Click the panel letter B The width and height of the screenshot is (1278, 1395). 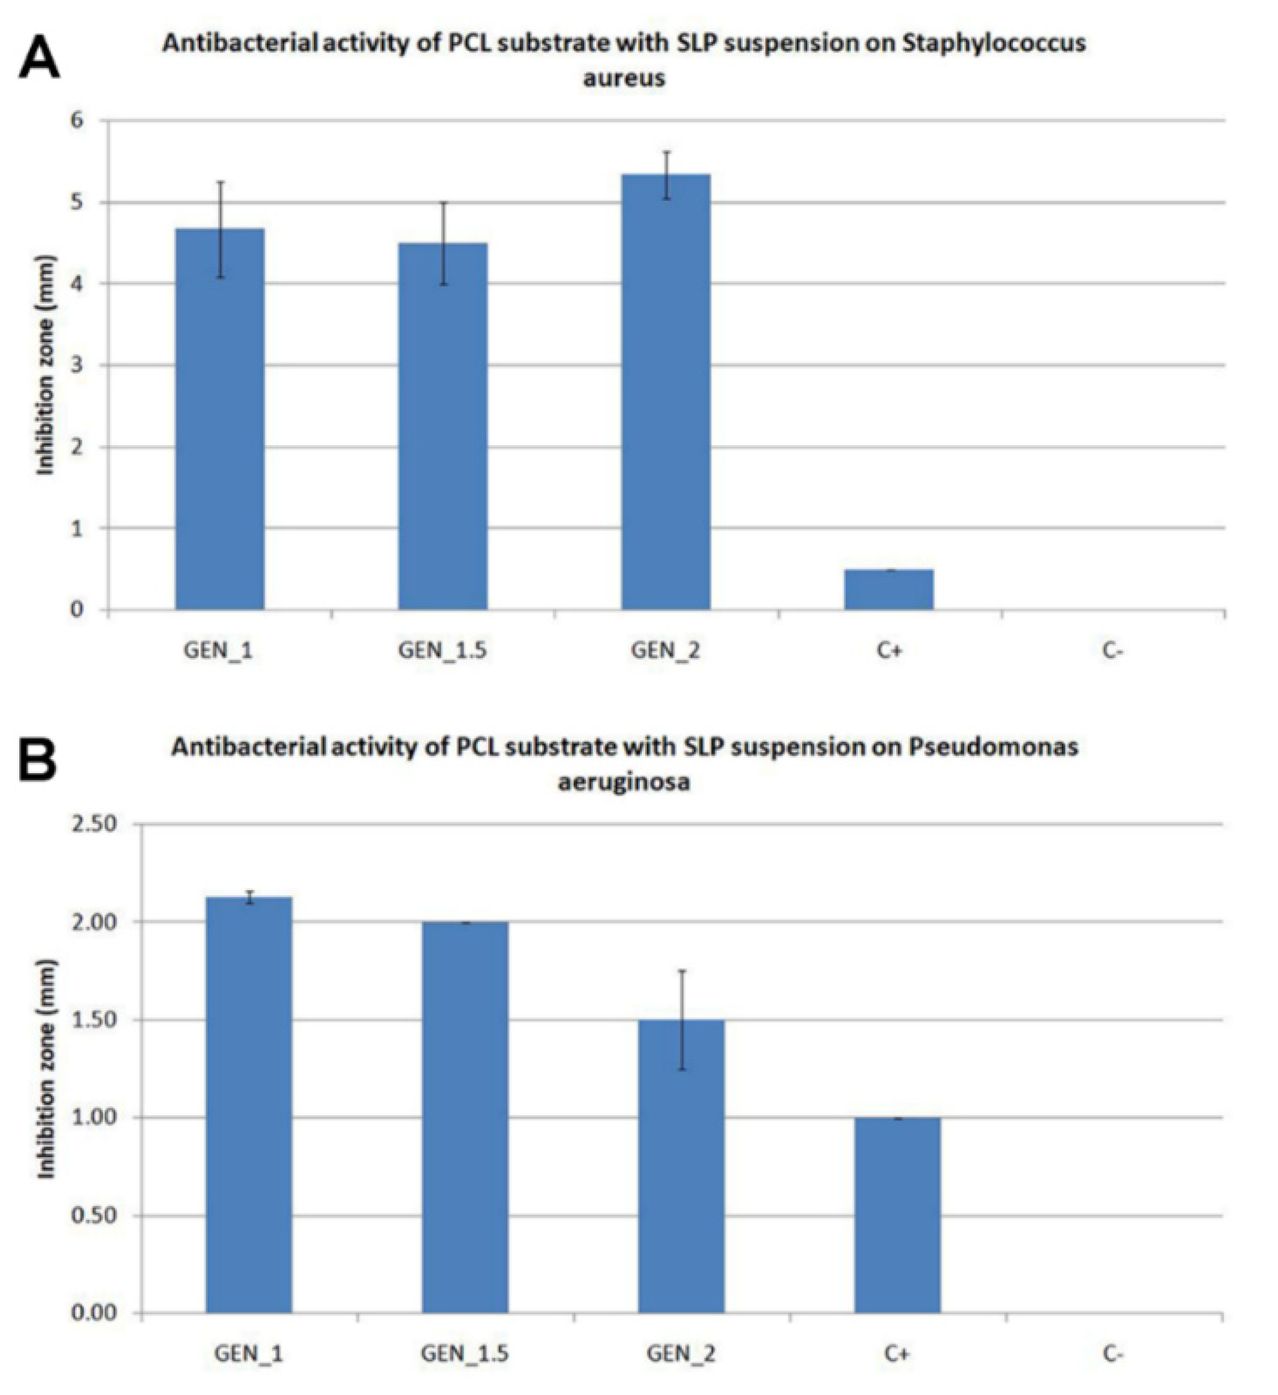[x=38, y=761]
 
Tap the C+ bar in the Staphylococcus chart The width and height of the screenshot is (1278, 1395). [x=888, y=590]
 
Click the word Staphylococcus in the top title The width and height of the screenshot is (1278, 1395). [x=994, y=44]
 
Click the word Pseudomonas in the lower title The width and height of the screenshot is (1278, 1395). [x=993, y=747]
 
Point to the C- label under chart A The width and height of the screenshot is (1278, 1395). [x=1113, y=650]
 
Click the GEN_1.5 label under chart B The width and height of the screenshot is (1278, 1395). [x=464, y=1354]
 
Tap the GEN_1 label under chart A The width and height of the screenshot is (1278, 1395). [x=218, y=650]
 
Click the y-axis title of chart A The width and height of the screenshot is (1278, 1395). [x=46, y=365]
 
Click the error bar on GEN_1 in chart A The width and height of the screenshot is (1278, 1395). [x=220, y=229]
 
